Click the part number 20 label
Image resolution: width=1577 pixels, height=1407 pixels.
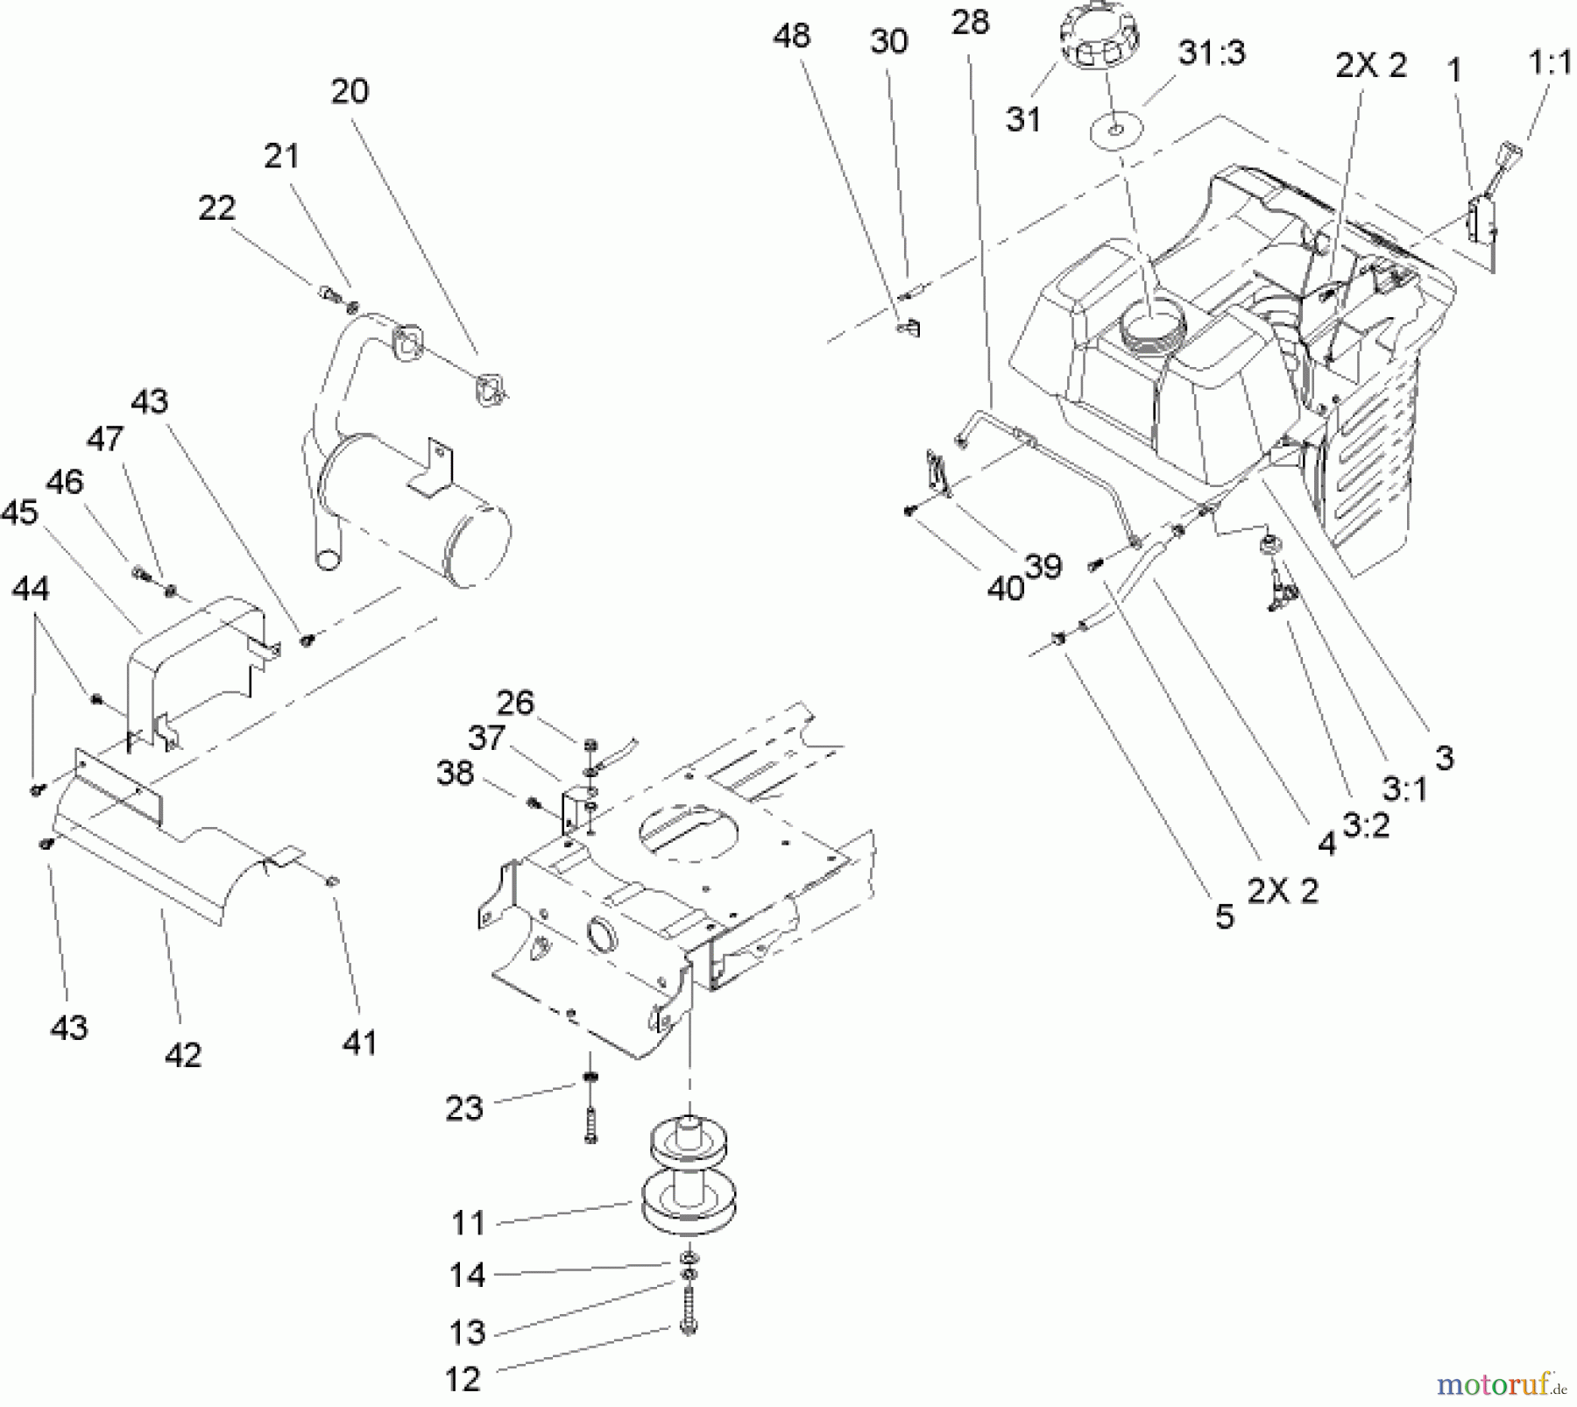(x=350, y=92)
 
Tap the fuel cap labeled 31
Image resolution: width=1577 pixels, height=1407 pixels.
(x=1101, y=40)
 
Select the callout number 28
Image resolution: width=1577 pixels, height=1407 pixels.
(x=970, y=23)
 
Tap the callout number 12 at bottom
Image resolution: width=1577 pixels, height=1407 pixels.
(x=463, y=1380)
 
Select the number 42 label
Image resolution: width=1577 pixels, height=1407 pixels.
(x=183, y=1055)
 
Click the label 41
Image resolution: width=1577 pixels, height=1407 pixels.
(x=360, y=1043)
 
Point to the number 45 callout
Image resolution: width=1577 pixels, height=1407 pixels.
(x=19, y=513)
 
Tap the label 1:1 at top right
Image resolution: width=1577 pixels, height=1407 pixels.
(x=1549, y=63)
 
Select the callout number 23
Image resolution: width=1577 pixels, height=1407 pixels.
(x=464, y=1108)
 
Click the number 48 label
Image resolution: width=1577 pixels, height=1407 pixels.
(x=791, y=36)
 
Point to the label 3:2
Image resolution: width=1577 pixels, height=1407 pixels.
(x=1366, y=824)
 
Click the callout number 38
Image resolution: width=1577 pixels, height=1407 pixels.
(x=455, y=774)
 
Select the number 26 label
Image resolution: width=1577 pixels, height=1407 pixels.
(x=514, y=703)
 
